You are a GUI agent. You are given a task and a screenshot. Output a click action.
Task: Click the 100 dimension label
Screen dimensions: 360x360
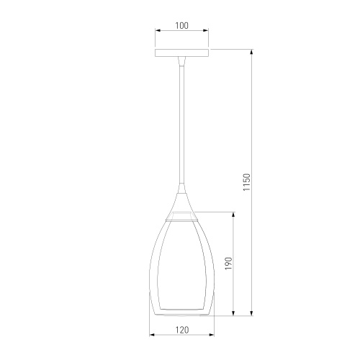point(181,25)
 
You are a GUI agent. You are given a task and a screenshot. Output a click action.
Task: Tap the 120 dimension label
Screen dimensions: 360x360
point(181,330)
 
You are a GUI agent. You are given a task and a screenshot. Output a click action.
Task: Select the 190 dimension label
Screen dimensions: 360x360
point(228,264)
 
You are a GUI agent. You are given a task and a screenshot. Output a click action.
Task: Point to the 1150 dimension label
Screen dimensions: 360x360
point(246,182)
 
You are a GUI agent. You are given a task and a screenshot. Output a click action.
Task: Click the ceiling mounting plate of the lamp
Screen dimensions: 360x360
point(181,53)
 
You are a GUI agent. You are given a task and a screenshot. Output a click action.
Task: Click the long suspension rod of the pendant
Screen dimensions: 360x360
point(181,125)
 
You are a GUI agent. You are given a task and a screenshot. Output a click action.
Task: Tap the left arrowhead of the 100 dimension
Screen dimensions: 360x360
point(158,30)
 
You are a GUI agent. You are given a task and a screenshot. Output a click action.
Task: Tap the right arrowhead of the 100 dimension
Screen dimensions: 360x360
point(206,30)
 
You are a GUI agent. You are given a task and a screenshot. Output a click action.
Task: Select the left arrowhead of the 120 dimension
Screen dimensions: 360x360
point(152,335)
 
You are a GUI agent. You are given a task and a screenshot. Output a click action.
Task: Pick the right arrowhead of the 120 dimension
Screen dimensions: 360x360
point(211,335)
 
